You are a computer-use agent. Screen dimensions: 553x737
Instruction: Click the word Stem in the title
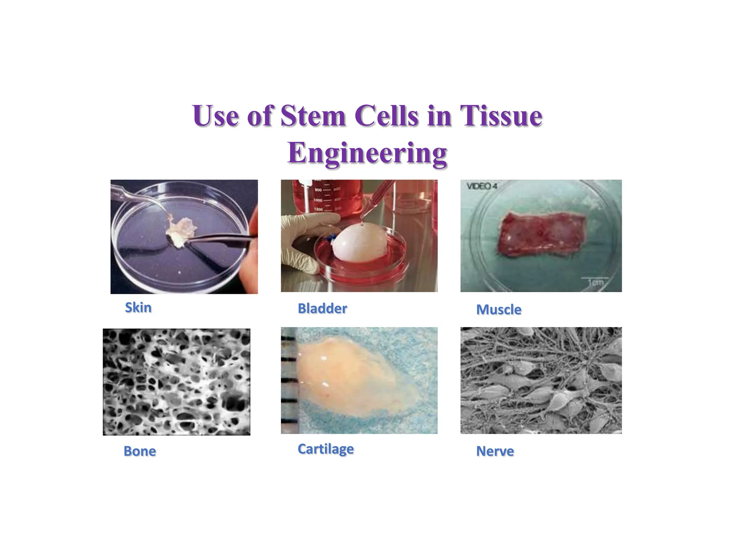point(313,116)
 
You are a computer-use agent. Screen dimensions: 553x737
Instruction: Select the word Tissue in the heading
point(501,116)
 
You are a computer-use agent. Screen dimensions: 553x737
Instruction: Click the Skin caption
point(138,308)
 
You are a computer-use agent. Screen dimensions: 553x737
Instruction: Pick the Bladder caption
point(322,309)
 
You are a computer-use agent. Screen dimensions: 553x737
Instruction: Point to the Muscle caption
point(499,310)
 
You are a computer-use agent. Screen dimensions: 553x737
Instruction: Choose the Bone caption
point(140,451)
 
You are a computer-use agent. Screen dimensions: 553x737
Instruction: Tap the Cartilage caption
point(326,449)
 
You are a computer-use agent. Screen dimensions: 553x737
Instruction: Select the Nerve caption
point(495,451)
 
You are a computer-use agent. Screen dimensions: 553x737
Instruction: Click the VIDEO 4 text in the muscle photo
point(482,186)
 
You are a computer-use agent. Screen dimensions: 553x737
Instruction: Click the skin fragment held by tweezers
point(180,230)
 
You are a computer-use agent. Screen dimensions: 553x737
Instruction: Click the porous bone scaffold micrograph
point(176,382)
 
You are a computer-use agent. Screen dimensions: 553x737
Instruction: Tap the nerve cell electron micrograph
point(541,380)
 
